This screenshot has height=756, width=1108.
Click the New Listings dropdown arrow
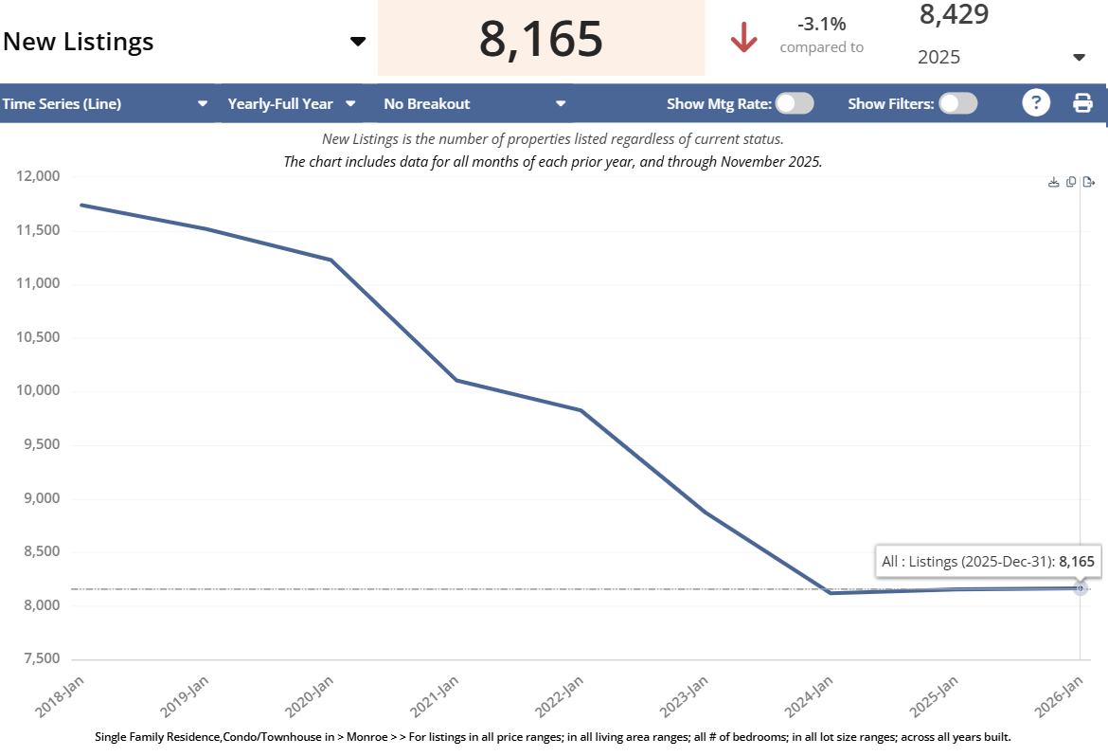[x=357, y=42]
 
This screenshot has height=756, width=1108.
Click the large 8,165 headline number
[x=541, y=39]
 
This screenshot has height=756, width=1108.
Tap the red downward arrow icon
[x=744, y=39]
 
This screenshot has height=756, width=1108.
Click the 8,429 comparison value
[x=954, y=14]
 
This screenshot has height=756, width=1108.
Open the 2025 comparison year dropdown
[x=1079, y=58]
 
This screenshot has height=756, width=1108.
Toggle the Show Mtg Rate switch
[x=795, y=103]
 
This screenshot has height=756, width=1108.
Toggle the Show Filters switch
[x=958, y=103]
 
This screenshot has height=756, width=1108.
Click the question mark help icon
[x=1036, y=103]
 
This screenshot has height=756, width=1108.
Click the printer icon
[x=1082, y=103]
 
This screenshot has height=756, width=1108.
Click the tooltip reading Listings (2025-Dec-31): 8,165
[x=988, y=562]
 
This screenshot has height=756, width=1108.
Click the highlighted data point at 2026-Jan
[x=1081, y=588]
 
